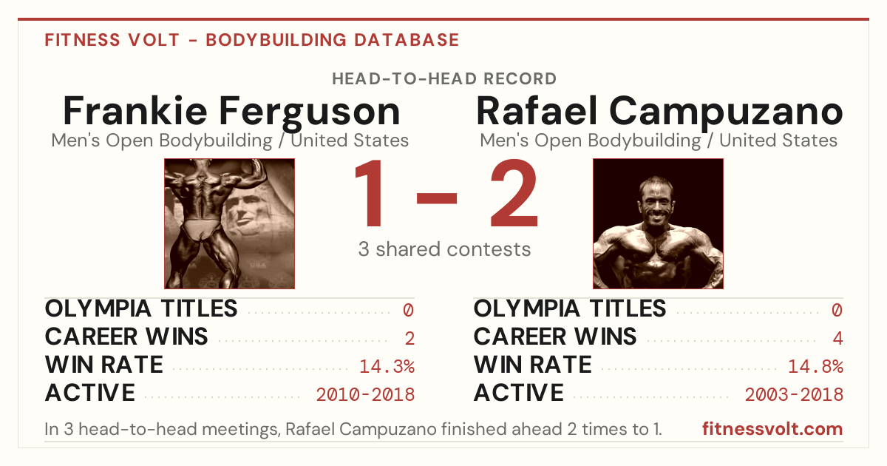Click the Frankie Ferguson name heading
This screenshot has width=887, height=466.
click(231, 112)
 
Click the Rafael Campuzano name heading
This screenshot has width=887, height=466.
click(659, 112)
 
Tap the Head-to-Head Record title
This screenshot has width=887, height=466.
click(444, 79)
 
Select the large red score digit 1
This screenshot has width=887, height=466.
click(369, 193)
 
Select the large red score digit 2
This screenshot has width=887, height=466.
click(514, 193)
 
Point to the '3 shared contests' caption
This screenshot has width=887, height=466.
click(444, 249)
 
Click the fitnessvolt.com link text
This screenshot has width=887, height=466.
click(772, 429)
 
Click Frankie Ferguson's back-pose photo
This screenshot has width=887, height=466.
click(230, 223)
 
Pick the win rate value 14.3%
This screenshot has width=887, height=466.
click(387, 366)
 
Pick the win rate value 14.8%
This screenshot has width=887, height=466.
click(816, 366)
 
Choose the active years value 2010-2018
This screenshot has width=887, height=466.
click(365, 394)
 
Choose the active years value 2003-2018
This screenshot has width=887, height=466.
click(795, 394)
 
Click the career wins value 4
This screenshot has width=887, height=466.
click(838, 338)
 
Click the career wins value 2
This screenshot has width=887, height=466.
click(409, 338)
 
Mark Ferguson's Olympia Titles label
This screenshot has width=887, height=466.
click(141, 308)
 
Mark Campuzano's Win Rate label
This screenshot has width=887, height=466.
click(533, 365)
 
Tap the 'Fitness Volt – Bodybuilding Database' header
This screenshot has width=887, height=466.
click(252, 40)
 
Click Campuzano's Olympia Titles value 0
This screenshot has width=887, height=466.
click(837, 310)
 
